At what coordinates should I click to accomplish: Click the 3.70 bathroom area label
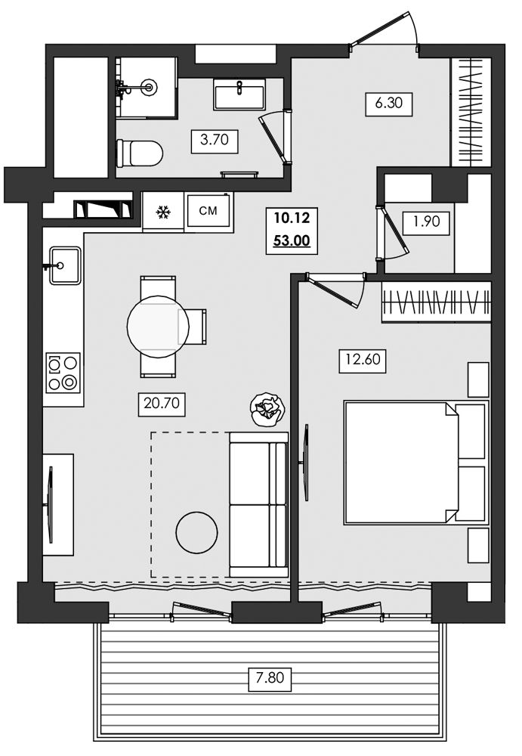[x=215, y=141]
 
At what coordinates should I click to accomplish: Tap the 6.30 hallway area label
[x=389, y=104]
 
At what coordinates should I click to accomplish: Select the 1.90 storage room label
[x=427, y=222]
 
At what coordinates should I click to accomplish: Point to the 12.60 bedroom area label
[x=363, y=360]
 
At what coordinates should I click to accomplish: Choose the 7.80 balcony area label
[x=270, y=678]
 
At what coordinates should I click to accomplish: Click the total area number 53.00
[x=292, y=240]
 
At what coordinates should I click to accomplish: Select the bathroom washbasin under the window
[x=239, y=94]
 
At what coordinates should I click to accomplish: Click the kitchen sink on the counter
[x=64, y=265]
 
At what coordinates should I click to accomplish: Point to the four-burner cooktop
[x=63, y=372]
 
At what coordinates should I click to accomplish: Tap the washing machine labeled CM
[x=208, y=211]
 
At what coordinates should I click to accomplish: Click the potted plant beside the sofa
[x=267, y=410]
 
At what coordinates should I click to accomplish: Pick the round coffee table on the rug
[x=196, y=533]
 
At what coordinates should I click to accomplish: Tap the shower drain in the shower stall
[x=149, y=88]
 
